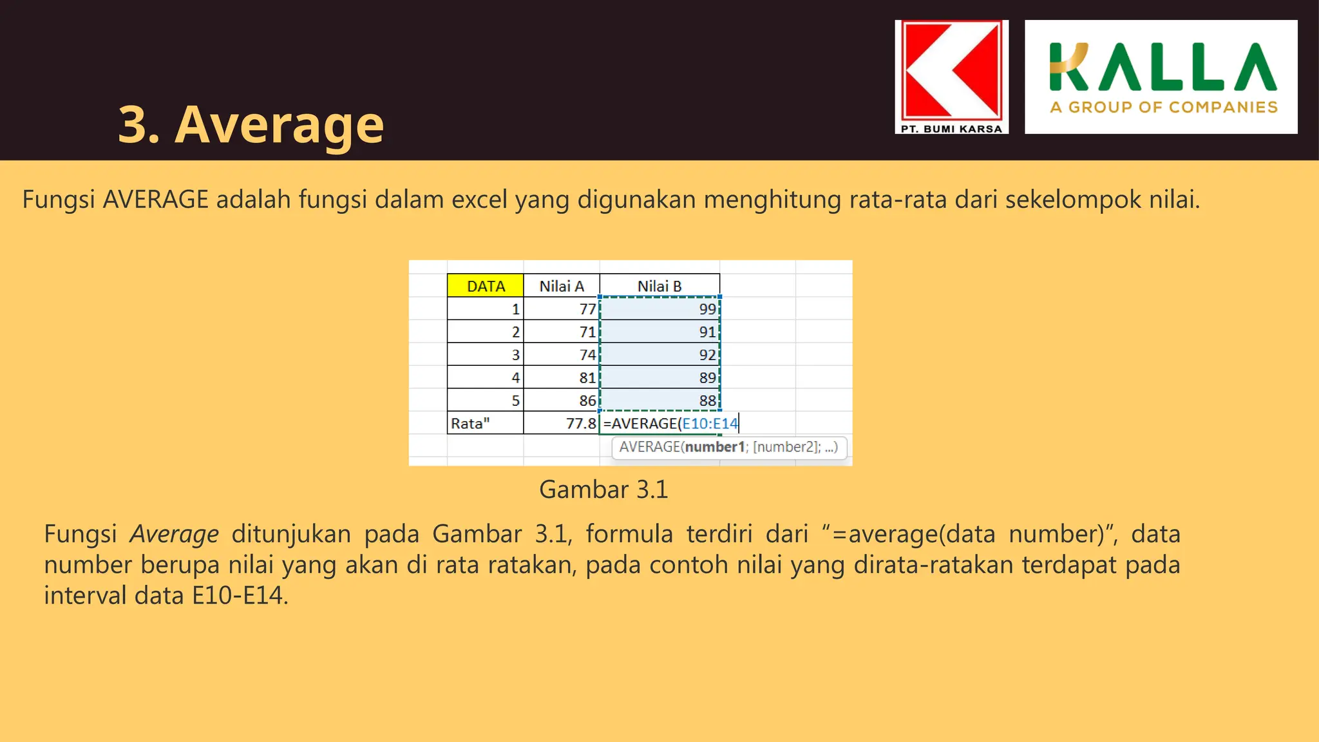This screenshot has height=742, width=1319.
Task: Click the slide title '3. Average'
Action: pyautogui.click(x=251, y=124)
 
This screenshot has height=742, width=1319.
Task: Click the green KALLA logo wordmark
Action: pyautogui.click(x=1162, y=67)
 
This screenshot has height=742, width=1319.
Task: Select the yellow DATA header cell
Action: pyautogui.click(x=486, y=286)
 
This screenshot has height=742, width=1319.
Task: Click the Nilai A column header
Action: pyautogui.click(x=562, y=286)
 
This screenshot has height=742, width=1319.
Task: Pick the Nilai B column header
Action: pyautogui.click(x=659, y=286)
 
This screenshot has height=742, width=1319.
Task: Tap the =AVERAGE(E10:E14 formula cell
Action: pyautogui.click(x=670, y=423)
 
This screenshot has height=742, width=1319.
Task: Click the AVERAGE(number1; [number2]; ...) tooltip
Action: pyautogui.click(x=728, y=447)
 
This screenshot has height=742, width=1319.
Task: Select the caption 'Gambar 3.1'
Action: pyautogui.click(x=603, y=490)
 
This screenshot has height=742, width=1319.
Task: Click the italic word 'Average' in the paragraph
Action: pyautogui.click(x=174, y=534)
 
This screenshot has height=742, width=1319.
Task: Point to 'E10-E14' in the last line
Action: pyautogui.click(x=237, y=595)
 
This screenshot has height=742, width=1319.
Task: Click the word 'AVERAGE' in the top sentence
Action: pyautogui.click(x=155, y=200)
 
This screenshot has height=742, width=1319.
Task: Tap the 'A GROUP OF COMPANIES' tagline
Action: pyautogui.click(x=1163, y=108)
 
